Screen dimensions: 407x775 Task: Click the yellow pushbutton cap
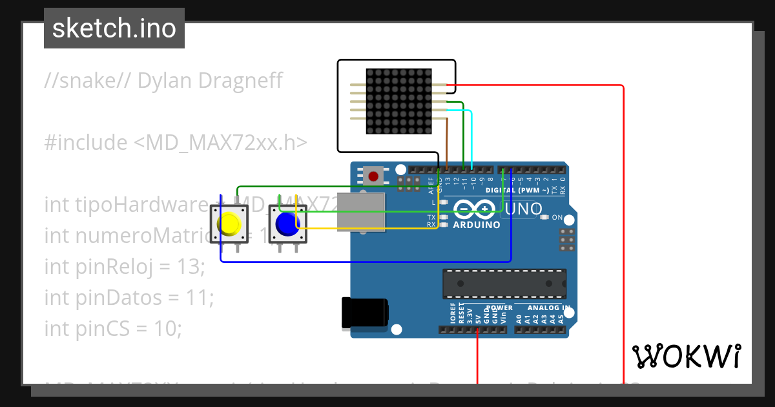coord(229,224)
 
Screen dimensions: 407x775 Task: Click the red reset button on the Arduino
coord(373,175)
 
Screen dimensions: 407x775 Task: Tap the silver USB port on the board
coord(361,211)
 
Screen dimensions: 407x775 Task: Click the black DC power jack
coord(365,312)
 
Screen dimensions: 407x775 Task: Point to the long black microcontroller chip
coord(504,284)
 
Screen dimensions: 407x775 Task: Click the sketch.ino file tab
coord(114,28)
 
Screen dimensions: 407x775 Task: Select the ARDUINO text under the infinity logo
coord(477,225)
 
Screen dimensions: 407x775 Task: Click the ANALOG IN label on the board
coord(548,308)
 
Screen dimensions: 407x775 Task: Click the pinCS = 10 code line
coord(113,328)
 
